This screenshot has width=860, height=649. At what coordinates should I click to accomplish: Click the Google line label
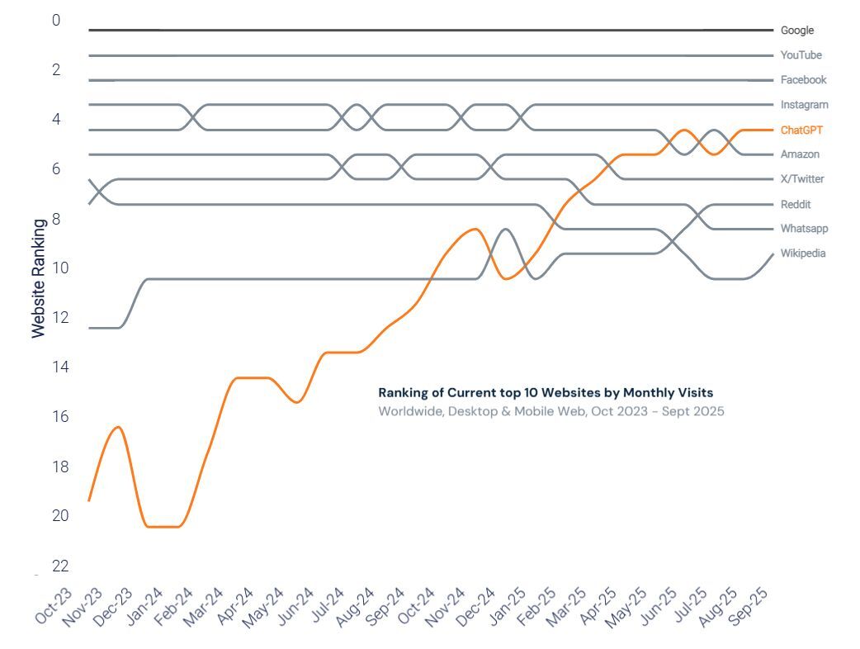[x=796, y=31]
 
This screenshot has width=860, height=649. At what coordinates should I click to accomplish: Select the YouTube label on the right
[x=801, y=55]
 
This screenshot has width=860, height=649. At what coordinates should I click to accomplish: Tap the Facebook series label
[x=803, y=80]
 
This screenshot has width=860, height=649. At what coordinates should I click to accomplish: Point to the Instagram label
[x=804, y=105]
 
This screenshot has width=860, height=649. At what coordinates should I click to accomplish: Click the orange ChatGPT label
[x=801, y=130]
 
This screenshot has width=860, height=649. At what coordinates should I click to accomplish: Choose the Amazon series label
[x=800, y=154]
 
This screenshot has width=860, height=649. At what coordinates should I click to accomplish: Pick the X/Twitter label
[x=802, y=179]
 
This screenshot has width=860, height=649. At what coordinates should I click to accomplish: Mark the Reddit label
[x=796, y=204]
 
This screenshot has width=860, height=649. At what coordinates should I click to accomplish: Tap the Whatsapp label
[x=804, y=229]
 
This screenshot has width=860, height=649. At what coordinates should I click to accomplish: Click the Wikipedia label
[x=803, y=253]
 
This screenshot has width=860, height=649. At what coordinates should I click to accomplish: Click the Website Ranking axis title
[x=39, y=277]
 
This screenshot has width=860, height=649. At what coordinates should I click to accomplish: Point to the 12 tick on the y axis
[x=56, y=317]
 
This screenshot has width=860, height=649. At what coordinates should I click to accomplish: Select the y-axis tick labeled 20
[x=56, y=515]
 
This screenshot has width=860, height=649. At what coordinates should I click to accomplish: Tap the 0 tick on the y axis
[x=56, y=20]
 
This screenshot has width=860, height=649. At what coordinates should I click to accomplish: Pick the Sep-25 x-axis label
[x=750, y=608]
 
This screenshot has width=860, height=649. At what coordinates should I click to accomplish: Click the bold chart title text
[x=545, y=393]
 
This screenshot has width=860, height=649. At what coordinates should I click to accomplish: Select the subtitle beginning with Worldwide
[x=550, y=411]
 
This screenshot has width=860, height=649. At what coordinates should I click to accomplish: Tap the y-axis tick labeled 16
[x=56, y=416]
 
